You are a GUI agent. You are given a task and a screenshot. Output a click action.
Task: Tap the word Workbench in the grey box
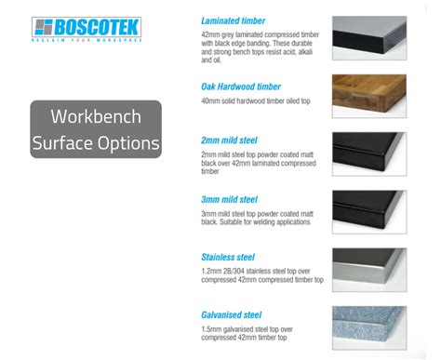pyautogui.click(x=96, y=118)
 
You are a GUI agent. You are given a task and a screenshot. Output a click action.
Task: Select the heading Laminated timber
pyautogui.click(x=233, y=20)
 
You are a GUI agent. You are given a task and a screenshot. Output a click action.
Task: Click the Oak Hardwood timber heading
pyautogui.click(x=240, y=87)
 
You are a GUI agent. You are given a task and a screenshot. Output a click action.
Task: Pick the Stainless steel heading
pyautogui.click(x=228, y=257)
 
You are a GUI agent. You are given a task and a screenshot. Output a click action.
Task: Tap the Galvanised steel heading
pyautogui.click(x=232, y=314)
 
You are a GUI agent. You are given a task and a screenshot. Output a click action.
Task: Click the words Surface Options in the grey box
pyautogui.click(x=96, y=143)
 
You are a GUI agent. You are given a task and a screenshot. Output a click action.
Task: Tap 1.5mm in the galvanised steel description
pyautogui.click(x=211, y=329)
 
